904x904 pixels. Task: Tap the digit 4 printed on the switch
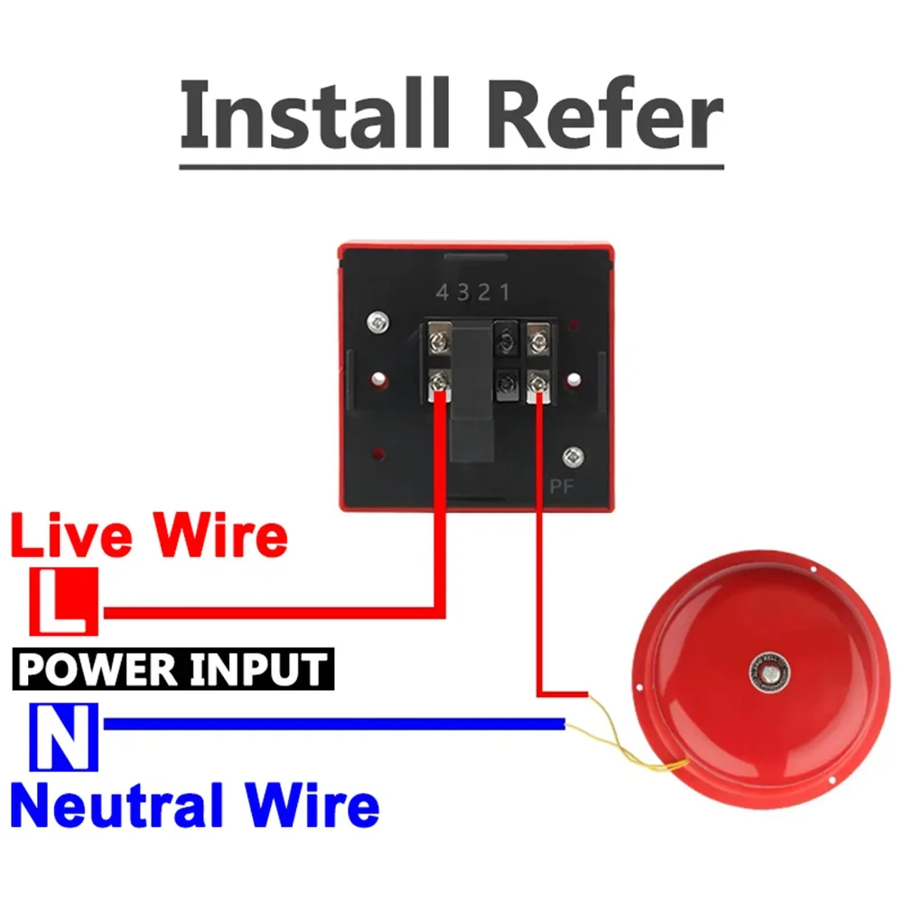pyautogui.click(x=443, y=293)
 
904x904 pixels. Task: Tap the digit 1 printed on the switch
pyautogui.click(x=505, y=293)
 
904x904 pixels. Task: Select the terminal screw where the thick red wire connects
pyautogui.click(x=440, y=383)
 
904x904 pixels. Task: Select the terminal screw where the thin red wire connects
pyautogui.click(x=538, y=385)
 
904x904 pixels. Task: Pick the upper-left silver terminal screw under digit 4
pyautogui.click(x=440, y=340)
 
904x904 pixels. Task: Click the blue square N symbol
pyautogui.click(x=63, y=736)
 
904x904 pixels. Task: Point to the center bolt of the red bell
pyautogui.click(x=769, y=671)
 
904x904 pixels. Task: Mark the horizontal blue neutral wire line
pyautogui.click(x=334, y=723)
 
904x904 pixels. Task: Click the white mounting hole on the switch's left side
pyautogui.click(x=380, y=375)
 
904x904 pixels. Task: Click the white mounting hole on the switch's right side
pyautogui.click(x=572, y=375)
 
